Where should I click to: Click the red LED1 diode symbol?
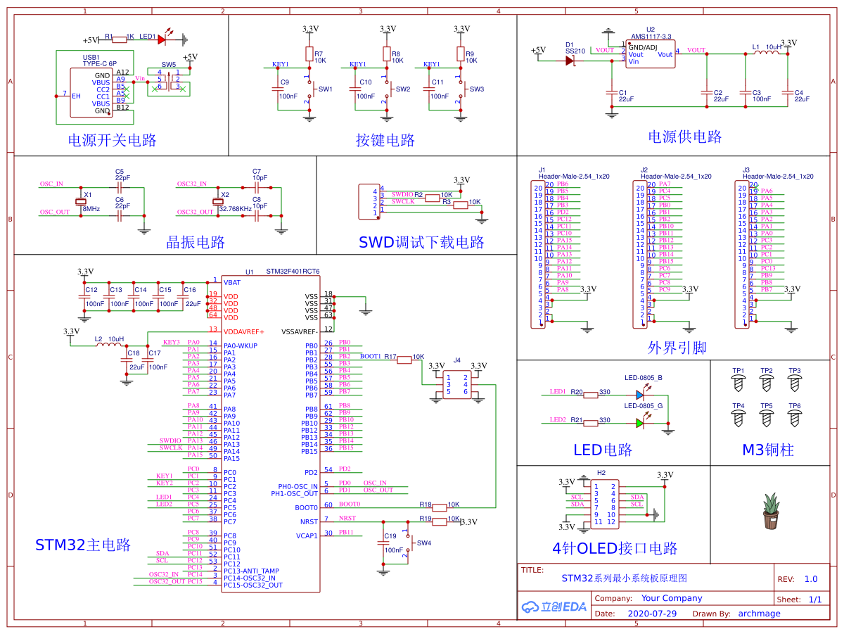[x=162, y=40]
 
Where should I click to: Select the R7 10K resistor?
[x=309, y=54]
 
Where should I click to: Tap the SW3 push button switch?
[x=461, y=89]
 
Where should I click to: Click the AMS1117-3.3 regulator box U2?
[x=651, y=54]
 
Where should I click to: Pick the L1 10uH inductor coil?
[x=765, y=54]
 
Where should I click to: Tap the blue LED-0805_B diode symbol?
[x=639, y=395]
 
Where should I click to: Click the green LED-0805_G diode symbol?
[x=639, y=422]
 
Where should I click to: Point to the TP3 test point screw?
[x=794, y=383]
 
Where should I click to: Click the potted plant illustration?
[x=772, y=512]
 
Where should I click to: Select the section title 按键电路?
[x=385, y=140]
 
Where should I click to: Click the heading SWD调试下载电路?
[x=421, y=243]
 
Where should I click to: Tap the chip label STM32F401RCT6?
[x=293, y=271]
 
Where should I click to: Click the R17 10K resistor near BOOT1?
[x=404, y=360]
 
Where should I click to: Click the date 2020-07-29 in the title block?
[x=652, y=614]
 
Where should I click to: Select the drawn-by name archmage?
[x=759, y=614]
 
